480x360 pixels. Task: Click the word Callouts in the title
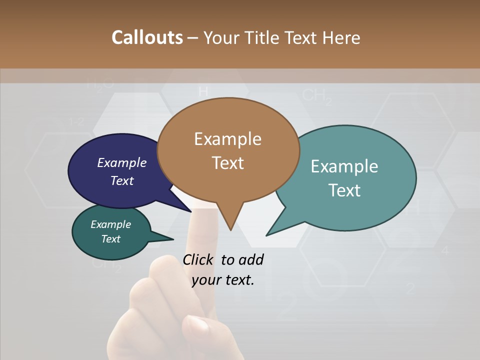point(147,37)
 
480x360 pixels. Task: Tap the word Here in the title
point(341,37)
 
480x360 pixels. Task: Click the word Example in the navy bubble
point(122,162)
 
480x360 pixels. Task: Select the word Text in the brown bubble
point(228,163)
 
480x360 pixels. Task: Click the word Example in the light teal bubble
point(344,166)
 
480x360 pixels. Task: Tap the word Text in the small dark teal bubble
point(111,239)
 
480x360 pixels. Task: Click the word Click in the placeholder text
point(198,259)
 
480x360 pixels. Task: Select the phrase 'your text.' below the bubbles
point(223,280)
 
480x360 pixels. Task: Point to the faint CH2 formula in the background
point(317,96)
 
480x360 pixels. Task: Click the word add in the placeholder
point(251,259)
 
